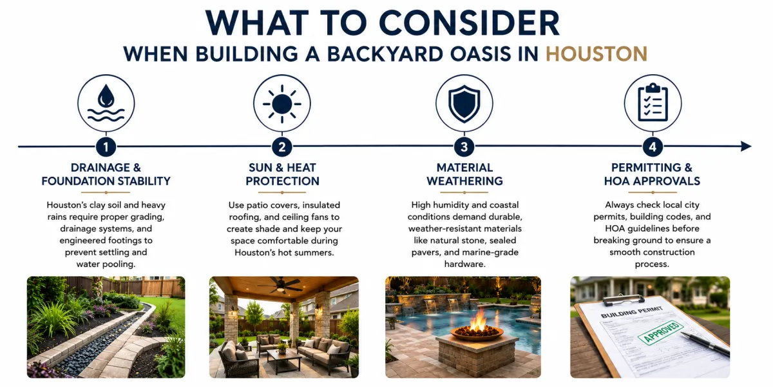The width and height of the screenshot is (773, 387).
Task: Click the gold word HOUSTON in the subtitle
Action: pyautogui.click(x=596, y=54)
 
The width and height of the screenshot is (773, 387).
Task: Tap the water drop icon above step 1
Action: pyautogui.click(x=106, y=103)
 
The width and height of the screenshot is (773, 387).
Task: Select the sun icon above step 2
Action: pyautogui.click(x=282, y=104)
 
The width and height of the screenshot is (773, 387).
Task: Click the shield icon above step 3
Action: pyautogui.click(x=464, y=104)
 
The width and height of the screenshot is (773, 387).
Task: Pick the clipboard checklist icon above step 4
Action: pyautogui.click(x=653, y=103)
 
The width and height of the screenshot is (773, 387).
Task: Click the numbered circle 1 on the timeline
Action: pyautogui.click(x=106, y=147)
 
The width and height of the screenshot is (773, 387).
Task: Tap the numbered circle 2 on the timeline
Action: pyautogui.click(x=282, y=147)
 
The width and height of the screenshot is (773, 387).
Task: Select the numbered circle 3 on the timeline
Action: pyautogui.click(x=464, y=147)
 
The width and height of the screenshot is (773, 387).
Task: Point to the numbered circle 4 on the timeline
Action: pyautogui.click(x=653, y=147)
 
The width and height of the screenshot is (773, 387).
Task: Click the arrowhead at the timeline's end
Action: pyautogui.click(x=746, y=146)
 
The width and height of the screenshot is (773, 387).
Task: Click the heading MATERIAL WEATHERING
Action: pyautogui.click(x=464, y=174)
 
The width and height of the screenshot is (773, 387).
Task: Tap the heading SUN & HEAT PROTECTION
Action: pyautogui.click(x=282, y=174)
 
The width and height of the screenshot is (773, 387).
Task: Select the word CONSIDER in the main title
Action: pyautogui.click(x=469, y=23)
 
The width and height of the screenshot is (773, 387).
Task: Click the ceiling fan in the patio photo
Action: pyautogui.click(x=280, y=285)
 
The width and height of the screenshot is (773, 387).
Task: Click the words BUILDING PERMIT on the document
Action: pyautogui.click(x=631, y=312)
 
